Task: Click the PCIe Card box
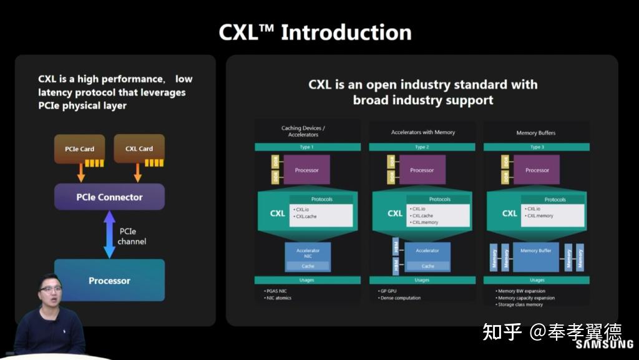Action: point(79,148)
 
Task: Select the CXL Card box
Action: point(139,148)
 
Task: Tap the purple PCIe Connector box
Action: point(109,197)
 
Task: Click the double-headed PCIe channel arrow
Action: point(109,235)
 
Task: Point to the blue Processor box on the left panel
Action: point(109,281)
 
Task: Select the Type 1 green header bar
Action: point(307,147)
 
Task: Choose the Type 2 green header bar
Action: point(422,147)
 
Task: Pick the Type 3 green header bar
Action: point(536,147)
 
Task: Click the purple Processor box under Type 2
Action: point(422,170)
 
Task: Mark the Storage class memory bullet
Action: point(520,305)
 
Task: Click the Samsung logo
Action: point(604,344)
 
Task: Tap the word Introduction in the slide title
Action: point(346,32)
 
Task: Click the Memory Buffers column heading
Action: point(536,133)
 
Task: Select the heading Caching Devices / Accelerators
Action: point(303,131)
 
